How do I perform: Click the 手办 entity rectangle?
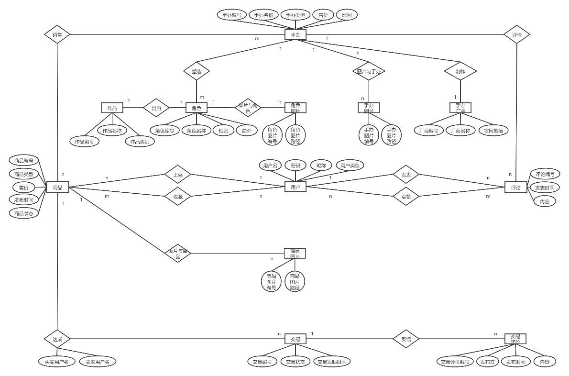[x=295, y=34]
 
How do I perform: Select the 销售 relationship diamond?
[x=57, y=34]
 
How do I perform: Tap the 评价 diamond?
[x=517, y=34]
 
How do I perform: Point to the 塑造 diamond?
[x=197, y=71]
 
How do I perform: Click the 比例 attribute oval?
[x=347, y=15]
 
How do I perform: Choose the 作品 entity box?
[x=112, y=108]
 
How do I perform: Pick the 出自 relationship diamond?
[x=156, y=108]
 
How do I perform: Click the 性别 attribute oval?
[x=223, y=130]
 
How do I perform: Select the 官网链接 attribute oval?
[x=493, y=131]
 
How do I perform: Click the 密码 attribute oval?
[x=295, y=166]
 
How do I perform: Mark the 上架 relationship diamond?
[x=177, y=175]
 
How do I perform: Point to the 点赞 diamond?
[x=406, y=196]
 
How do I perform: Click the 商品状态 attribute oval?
[x=23, y=213]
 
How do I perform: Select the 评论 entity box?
[x=515, y=188]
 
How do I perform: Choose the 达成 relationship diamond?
[x=57, y=339]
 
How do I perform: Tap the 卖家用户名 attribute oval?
[x=98, y=362]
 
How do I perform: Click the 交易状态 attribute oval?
[x=295, y=362]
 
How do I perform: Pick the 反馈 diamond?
[x=406, y=339]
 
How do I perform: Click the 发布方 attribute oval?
[x=488, y=362]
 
